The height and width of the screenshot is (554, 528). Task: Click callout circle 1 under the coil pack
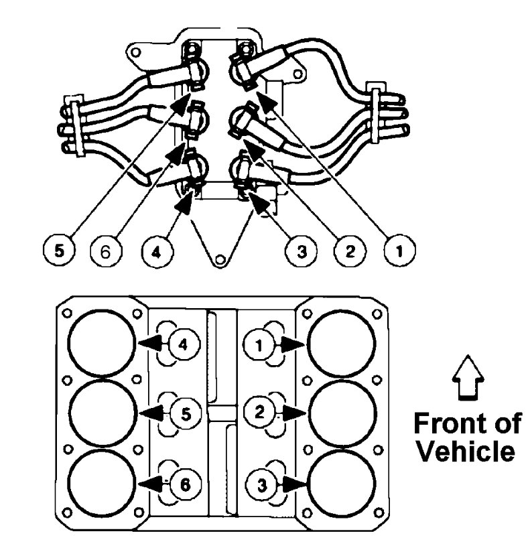(399, 253)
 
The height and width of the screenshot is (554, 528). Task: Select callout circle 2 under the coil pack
(349, 253)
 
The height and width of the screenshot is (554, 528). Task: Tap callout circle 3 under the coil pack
(300, 253)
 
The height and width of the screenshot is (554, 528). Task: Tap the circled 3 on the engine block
(260, 482)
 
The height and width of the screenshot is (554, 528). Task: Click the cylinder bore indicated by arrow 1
(340, 343)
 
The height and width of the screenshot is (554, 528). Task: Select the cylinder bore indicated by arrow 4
(102, 343)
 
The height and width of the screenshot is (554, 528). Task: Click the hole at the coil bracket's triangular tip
(217, 259)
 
